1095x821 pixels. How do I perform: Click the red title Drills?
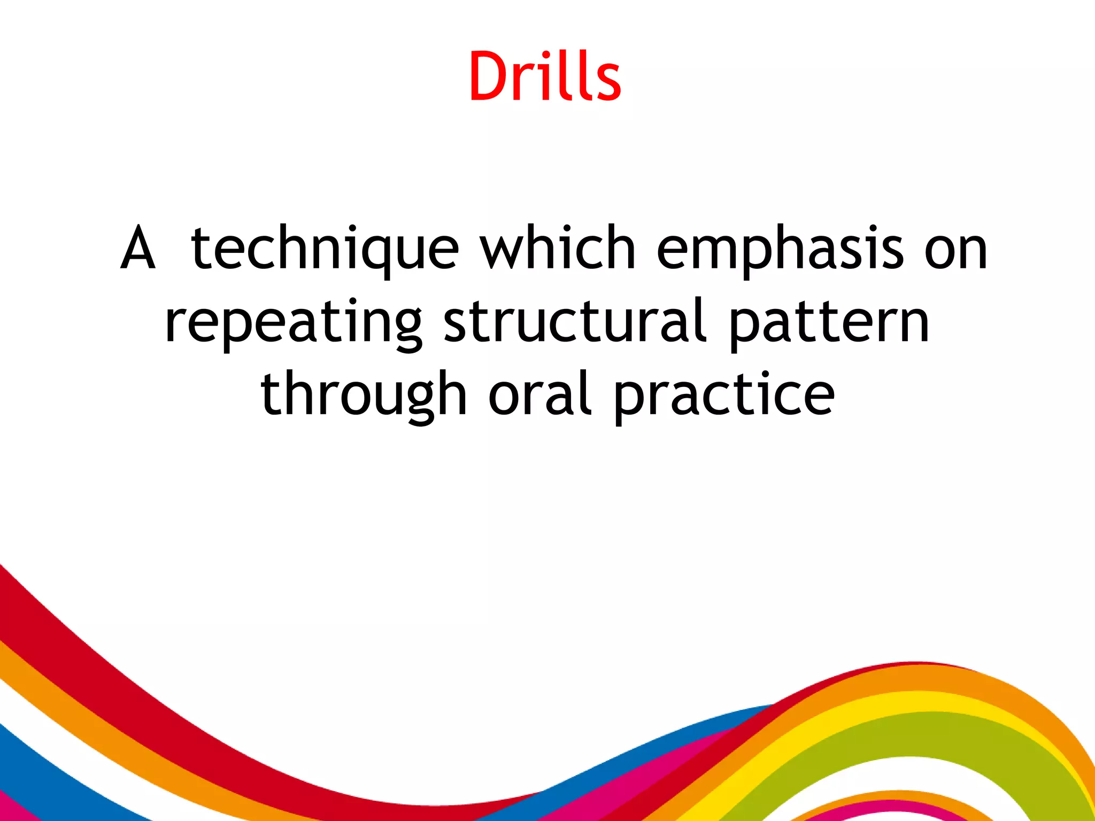[545, 76]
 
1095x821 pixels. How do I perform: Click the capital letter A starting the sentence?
[138, 249]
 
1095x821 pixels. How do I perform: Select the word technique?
[325, 249]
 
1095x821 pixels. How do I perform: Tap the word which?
[557, 249]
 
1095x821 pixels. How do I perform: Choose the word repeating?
[294, 323]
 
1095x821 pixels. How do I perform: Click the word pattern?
[829, 323]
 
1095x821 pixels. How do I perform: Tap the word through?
[364, 396]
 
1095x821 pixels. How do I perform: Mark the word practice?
[724, 396]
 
